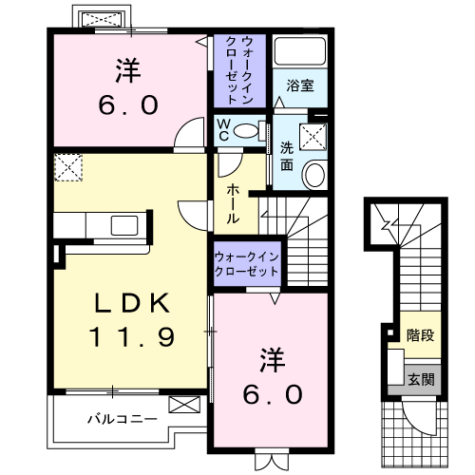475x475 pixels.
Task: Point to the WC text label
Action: click(222, 129)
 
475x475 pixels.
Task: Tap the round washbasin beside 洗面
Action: click(313, 174)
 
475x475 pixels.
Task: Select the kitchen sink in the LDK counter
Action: click(123, 226)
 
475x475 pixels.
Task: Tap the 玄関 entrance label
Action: click(419, 378)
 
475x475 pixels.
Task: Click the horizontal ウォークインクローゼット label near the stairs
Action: click(246, 264)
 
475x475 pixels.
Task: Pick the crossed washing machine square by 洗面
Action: click(312, 135)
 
